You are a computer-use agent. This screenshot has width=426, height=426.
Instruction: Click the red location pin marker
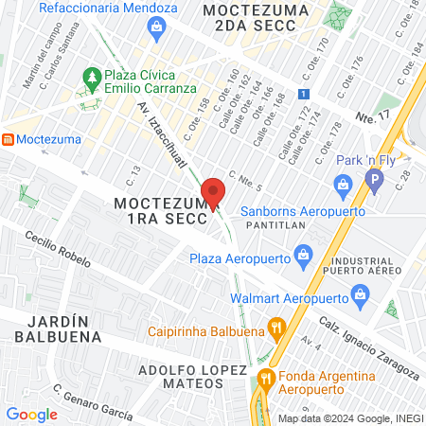214,192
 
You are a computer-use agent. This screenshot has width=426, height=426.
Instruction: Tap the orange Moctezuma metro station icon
8,139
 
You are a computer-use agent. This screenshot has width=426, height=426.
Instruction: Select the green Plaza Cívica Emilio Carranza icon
92,76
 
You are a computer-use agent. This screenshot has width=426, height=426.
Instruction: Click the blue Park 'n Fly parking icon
377,178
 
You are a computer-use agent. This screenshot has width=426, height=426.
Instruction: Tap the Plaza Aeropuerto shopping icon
303,253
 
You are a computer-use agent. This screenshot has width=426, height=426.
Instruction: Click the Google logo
31,414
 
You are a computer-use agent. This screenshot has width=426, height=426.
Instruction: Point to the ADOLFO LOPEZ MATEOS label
181,375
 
